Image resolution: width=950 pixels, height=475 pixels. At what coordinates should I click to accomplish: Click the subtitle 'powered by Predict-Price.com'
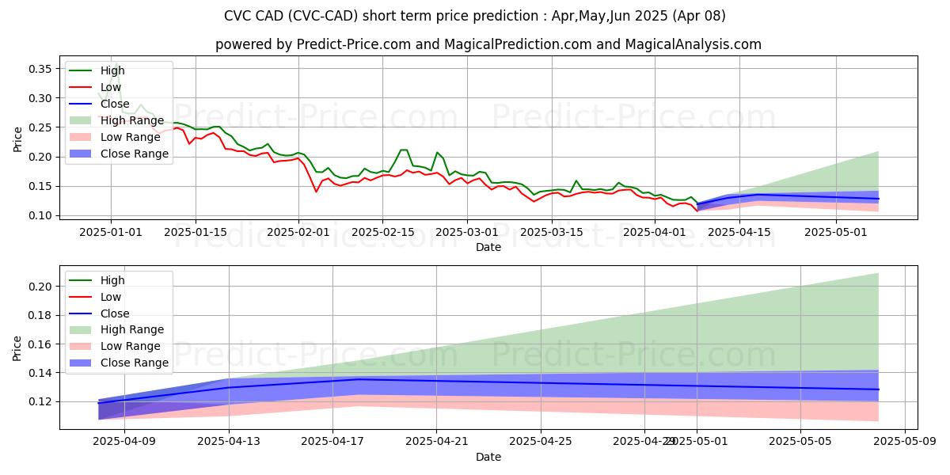488,44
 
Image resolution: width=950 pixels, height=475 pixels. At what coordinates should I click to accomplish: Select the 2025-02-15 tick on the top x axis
382,232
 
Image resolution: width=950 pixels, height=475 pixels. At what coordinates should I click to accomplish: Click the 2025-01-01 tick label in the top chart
111,232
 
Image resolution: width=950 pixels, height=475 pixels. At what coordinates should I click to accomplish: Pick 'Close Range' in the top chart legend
135,154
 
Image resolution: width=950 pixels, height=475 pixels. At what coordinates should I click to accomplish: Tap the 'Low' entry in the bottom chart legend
112,297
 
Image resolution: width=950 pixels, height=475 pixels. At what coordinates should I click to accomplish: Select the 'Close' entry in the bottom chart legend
114,313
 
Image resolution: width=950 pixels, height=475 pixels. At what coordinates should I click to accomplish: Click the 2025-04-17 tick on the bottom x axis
332,442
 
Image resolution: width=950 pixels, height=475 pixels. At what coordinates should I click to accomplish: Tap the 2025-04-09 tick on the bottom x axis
124,442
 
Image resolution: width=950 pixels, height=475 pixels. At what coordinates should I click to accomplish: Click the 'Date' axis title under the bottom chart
488,457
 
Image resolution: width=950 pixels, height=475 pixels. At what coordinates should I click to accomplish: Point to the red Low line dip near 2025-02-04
317,192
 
